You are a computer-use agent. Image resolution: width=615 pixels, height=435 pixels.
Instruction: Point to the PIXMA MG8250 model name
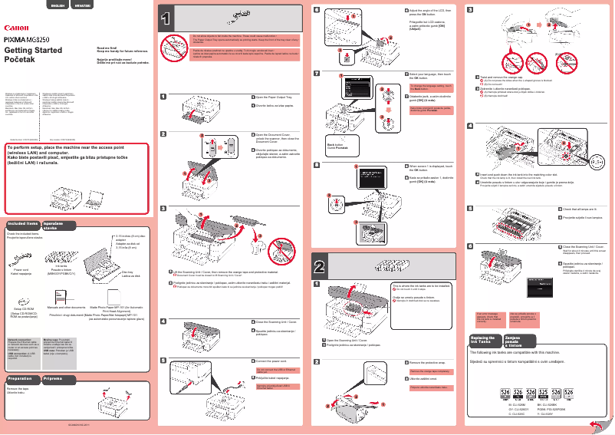pos(30,38)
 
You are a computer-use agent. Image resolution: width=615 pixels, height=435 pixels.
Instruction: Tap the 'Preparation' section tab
pos(20,379)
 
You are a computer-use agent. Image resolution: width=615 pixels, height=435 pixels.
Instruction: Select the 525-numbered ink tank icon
pos(544,392)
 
